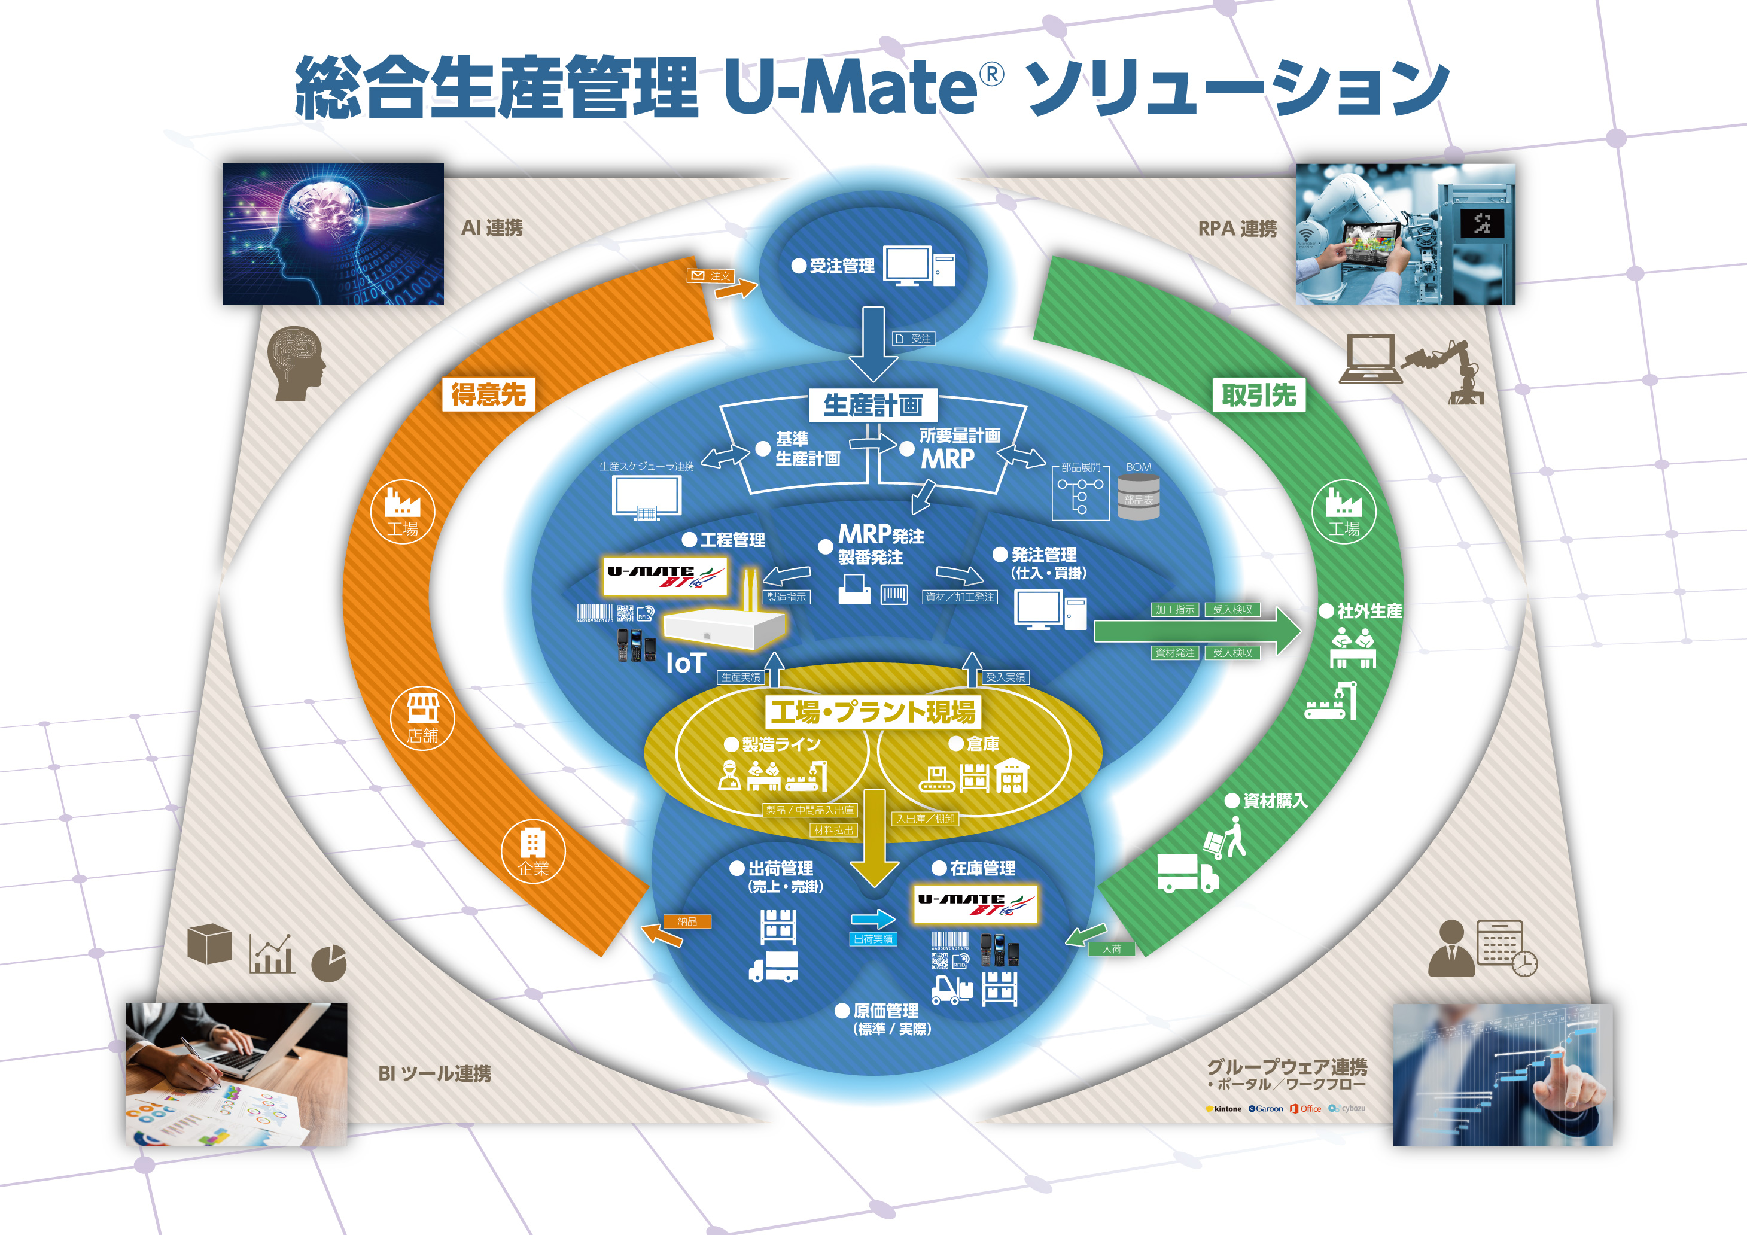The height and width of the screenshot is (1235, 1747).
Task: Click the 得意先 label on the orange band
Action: point(488,395)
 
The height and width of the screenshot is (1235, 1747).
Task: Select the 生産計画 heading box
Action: point(873,405)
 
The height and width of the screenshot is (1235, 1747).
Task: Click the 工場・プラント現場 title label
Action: point(873,712)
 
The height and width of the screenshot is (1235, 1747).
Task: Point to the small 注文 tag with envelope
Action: point(711,275)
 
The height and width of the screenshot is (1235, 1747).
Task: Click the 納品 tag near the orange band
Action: point(687,921)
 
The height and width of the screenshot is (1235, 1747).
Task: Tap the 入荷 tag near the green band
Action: point(1112,949)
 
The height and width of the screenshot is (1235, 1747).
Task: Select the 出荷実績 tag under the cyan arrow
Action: point(873,939)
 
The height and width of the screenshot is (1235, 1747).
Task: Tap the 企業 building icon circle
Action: point(532,851)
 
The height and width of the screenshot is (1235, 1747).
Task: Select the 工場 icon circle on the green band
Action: point(1344,510)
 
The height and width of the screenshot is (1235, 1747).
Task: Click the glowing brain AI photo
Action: point(333,233)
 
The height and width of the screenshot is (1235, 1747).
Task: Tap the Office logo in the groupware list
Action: point(1305,1109)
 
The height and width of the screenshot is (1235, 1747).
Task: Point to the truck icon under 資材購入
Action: point(1187,873)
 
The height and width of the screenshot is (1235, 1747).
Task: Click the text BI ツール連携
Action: point(434,1073)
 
